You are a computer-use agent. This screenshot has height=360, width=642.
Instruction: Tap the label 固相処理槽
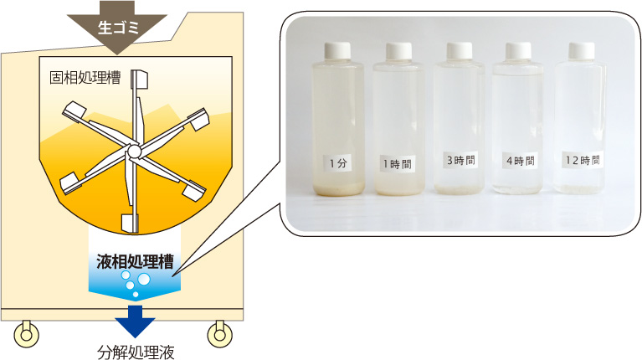coord(85,77)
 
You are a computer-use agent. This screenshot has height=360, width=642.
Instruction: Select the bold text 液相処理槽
coord(135,262)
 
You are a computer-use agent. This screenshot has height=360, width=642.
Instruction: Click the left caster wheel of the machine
coord(27,334)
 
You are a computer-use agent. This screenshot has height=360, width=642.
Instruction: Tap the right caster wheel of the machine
coord(220,334)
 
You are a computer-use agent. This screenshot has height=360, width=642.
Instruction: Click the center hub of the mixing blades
coord(134,152)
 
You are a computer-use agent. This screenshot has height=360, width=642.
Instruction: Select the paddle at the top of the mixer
coord(139,79)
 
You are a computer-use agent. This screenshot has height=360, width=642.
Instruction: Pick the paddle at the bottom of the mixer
coord(130,223)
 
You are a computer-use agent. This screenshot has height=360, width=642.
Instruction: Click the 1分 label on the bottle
coord(338,163)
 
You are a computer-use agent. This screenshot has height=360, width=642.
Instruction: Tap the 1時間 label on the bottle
coord(397,164)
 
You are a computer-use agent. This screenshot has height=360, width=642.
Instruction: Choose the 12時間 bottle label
coord(583,159)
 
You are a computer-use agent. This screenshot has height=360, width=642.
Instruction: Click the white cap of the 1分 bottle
coord(338,51)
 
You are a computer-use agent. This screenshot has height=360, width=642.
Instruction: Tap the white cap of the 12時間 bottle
coord(582,50)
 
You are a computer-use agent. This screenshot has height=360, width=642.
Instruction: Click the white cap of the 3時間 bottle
coord(460,50)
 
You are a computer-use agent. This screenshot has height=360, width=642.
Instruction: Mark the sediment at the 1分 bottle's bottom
coord(339,189)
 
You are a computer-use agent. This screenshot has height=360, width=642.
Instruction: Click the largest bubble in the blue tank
coord(144,280)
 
